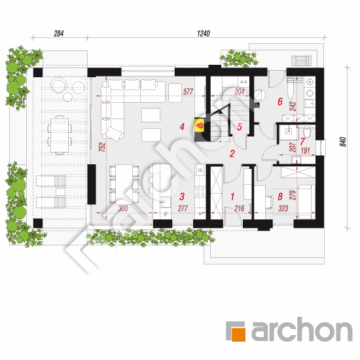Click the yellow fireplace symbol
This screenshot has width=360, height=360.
[x=199, y=126]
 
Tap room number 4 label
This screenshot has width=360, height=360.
[x=182, y=126]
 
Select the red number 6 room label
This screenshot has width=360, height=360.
[x=280, y=101]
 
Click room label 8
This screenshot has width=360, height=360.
[x=280, y=196]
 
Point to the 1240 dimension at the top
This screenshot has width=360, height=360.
[x=204, y=33]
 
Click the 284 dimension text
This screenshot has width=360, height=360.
[x=58, y=33]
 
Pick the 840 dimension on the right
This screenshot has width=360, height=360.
[x=342, y=141]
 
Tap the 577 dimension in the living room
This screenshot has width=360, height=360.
[x=188, y=92]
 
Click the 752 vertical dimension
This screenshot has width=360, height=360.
[x=102, y=147]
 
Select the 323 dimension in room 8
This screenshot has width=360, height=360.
[x=283, y=208]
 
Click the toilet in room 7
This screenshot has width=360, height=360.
[x=307, y=132]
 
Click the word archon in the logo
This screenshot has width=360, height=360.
[x=302, y=329]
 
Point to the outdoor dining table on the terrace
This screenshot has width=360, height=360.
[x=60, y=135]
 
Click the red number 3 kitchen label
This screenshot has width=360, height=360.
[x=182, y=196]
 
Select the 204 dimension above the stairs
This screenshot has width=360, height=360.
[x=240, y=92]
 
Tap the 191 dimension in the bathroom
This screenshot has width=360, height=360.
[x=306, y=151]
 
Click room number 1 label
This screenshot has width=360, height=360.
[x=232, y=197]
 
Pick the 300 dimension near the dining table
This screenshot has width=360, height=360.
[x=123, y=208]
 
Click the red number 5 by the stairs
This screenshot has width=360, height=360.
[x=240, y=127]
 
